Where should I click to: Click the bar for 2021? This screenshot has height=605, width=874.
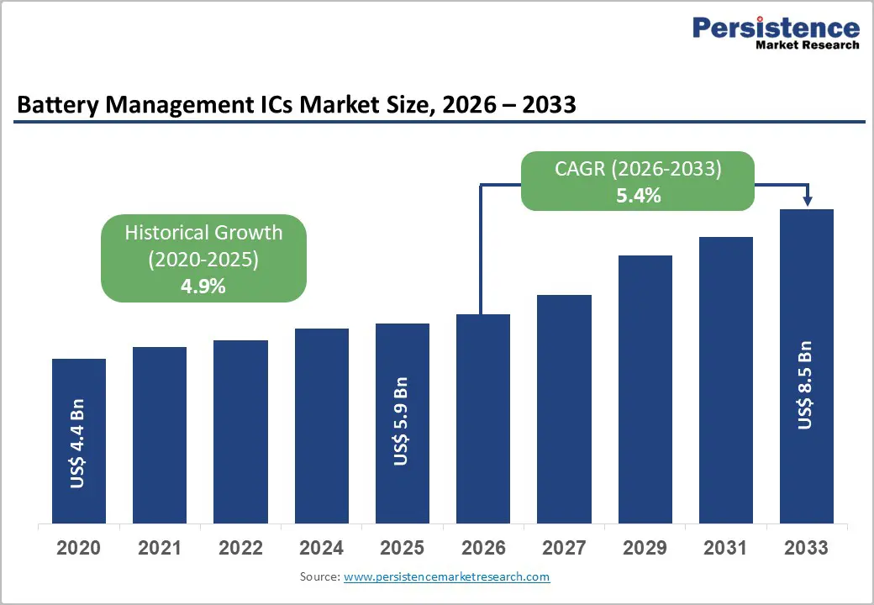(x=160, y=434)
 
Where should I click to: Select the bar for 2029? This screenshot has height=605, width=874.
(x=645, y=388)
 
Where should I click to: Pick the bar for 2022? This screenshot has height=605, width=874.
(x=240, y=431)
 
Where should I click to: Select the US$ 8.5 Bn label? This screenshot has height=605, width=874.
(x=806, y=385)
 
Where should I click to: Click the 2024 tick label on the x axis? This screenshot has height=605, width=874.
(x=321, y=549)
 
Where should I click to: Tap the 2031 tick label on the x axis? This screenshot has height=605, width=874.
(x=725, y=549)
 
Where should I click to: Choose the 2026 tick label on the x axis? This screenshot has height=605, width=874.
(x=483, y=549)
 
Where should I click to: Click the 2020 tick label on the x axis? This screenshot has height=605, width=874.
(x=78, y=549)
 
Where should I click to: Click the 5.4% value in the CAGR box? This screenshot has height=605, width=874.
(x=637, y=196)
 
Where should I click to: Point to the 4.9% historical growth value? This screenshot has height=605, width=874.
(x=203, y=286)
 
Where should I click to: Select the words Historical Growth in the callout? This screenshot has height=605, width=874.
(x=203, y=233)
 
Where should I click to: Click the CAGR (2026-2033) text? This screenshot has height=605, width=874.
(x=638, y=169)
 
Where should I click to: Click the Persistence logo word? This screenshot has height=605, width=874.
(x=775, y=28)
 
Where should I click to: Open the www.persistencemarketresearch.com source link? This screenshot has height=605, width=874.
(x=446, y=577)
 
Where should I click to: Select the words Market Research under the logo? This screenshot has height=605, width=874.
(x=808, y=45)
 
